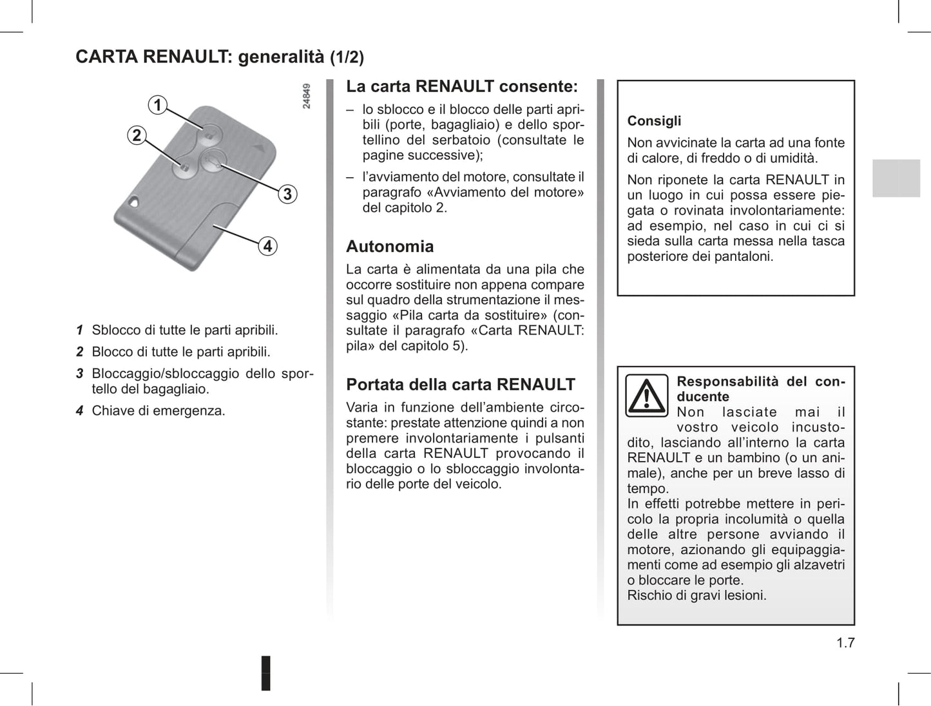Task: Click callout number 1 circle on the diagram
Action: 157,104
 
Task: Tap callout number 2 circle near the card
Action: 137,135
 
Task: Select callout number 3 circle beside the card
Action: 287,194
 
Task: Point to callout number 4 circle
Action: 267,246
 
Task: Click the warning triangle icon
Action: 646,396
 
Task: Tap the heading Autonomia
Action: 390,247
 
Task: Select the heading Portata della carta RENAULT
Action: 460,385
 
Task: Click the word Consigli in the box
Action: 654,121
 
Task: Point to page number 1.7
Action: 845,643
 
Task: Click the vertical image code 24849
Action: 307,96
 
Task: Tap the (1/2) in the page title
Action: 347,58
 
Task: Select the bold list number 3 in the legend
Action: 80,374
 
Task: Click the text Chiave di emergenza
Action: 158,411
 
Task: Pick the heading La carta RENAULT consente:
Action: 462,87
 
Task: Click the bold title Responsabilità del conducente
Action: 760,389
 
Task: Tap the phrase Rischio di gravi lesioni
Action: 696,596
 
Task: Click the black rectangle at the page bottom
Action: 265,673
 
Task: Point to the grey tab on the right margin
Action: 896,178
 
